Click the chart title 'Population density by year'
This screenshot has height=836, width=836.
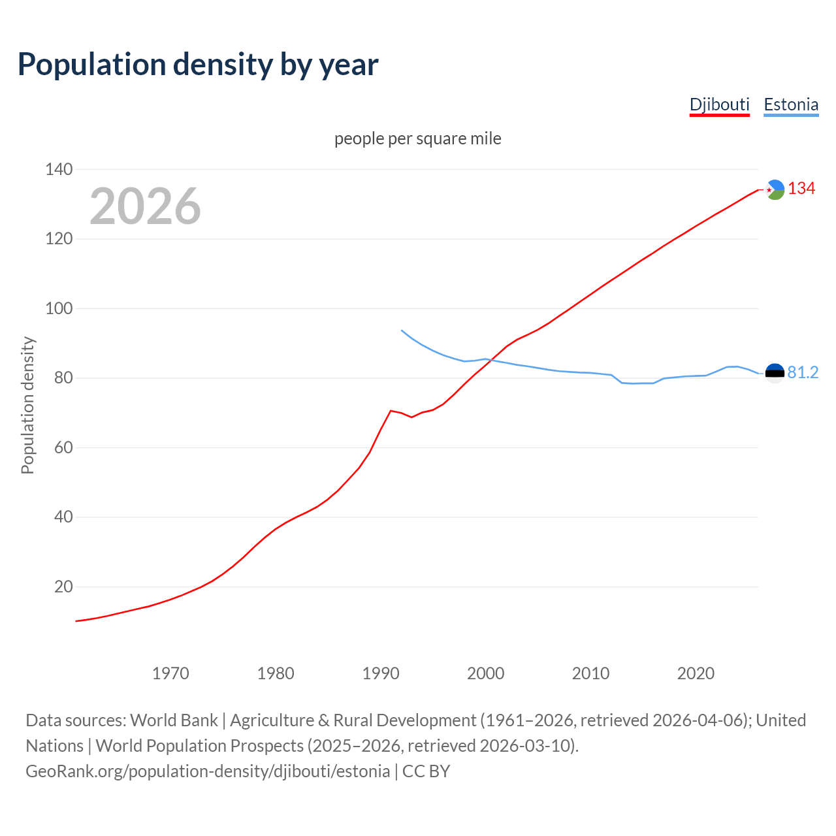[x=198, y=65]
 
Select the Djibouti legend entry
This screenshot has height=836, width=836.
[x=719, y=104]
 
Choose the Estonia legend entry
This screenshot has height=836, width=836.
[x=791, y=104]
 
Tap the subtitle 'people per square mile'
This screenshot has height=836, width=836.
[x=417, y=138]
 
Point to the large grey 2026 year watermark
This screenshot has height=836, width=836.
[x=145, y=206]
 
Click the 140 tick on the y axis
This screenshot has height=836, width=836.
[x=59, y=169]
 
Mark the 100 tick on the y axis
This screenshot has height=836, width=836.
[x=59, y=308]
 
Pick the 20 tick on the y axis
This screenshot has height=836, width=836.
[x=63, y=587]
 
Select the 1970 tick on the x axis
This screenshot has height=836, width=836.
[x=170, y=673]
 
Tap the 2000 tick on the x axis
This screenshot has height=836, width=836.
[x=485, y=673]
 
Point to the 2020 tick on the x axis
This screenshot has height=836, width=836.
[x=696, y=673]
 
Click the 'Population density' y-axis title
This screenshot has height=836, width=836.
[x=27, y=405]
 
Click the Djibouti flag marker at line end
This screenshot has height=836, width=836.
[x=775, y=189]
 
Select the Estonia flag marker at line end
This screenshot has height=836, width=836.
[x=775, y=373]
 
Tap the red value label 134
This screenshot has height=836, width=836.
[x=801, y=189]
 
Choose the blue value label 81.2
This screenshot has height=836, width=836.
[x=803, y=372]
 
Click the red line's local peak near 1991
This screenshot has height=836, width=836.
[x=391, y=411]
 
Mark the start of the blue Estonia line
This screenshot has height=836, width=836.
[x=402, y=330]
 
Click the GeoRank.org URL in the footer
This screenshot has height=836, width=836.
[x=208, y=771]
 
